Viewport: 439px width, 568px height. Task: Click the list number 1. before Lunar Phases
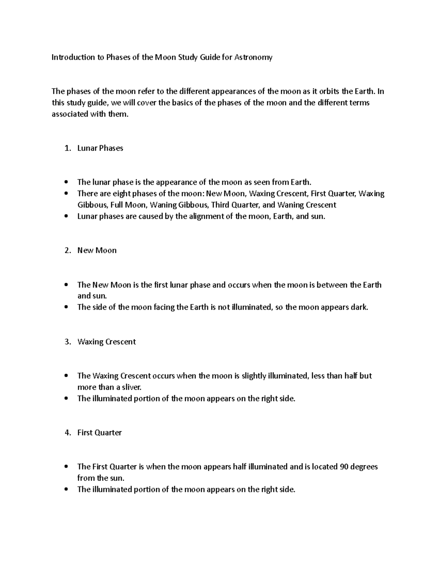click(x=67, y=148)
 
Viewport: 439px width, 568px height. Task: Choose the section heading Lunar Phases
click(x=100, y=148)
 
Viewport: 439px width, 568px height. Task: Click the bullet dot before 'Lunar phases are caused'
click(x=66, y=217)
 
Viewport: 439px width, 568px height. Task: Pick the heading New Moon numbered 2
click(x=97, y=251)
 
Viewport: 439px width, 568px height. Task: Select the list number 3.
click(x=67, y=342)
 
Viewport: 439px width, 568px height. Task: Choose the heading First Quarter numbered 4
click(x=100, y=433)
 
